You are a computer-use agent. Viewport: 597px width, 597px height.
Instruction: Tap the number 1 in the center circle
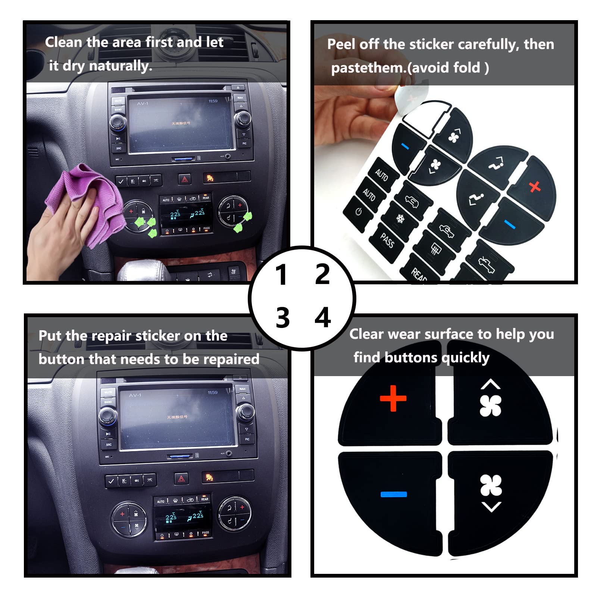[281, 275]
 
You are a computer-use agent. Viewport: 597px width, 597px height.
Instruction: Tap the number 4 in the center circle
[323, 318]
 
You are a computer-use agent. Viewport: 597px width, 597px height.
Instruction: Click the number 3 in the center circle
[282, 318]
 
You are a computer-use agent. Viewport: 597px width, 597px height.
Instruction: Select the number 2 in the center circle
[322, 274]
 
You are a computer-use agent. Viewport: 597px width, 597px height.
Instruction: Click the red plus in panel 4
[393, 398]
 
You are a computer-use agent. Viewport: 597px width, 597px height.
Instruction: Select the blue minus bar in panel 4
[394, 494]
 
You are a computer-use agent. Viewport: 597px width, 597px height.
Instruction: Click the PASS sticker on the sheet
[387, 241]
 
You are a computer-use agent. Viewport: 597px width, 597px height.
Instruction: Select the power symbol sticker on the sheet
[358, 212]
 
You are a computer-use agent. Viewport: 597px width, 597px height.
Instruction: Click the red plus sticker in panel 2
[535, 186]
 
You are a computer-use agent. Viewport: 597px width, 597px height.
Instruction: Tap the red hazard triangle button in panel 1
[185, 179]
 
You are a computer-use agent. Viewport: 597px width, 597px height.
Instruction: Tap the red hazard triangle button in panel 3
[181, 479]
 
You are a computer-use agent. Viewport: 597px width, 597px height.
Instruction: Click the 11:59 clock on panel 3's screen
[212, 393]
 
